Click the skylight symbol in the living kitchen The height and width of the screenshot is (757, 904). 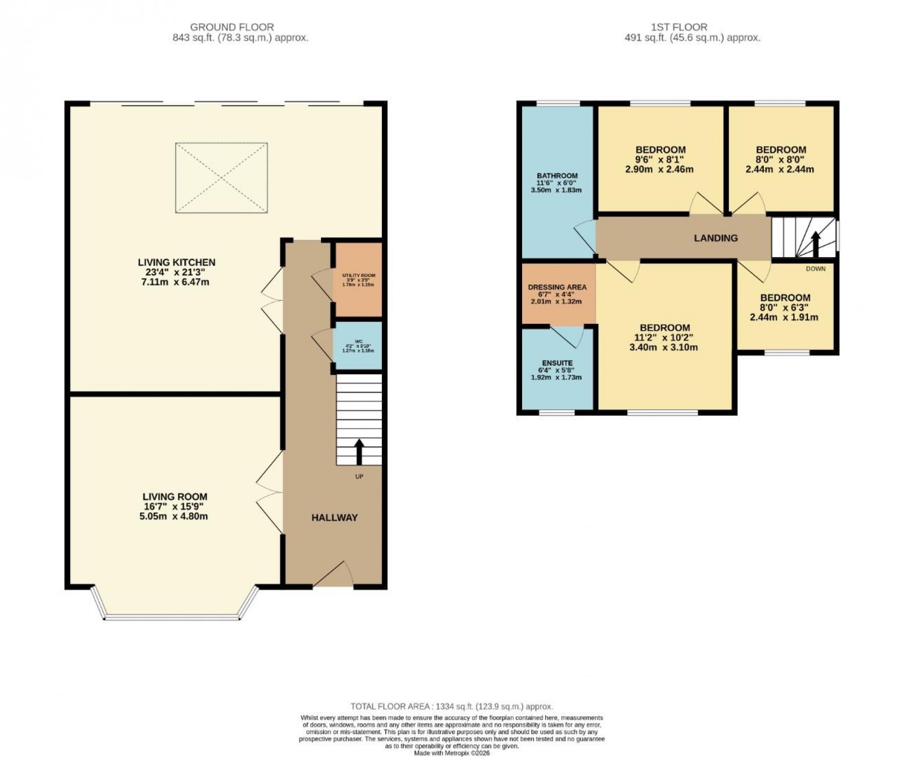[221, 178]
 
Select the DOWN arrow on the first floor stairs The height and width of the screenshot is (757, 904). [815, 244]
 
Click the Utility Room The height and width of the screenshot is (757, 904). [358, 279]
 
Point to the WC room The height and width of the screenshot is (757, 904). [358, 345]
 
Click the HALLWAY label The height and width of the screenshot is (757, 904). [334, 517]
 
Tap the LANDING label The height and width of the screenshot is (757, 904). [715, 238]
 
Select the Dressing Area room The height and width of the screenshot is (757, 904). [557, 294]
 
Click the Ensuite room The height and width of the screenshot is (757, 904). [557, 370]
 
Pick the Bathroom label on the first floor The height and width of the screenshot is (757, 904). [557, 176]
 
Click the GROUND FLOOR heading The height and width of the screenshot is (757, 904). [232, 27]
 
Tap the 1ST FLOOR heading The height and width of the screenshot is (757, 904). [686, 27]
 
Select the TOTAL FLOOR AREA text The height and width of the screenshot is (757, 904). [451, 706]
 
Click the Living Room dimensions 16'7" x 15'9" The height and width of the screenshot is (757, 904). [175, 507]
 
